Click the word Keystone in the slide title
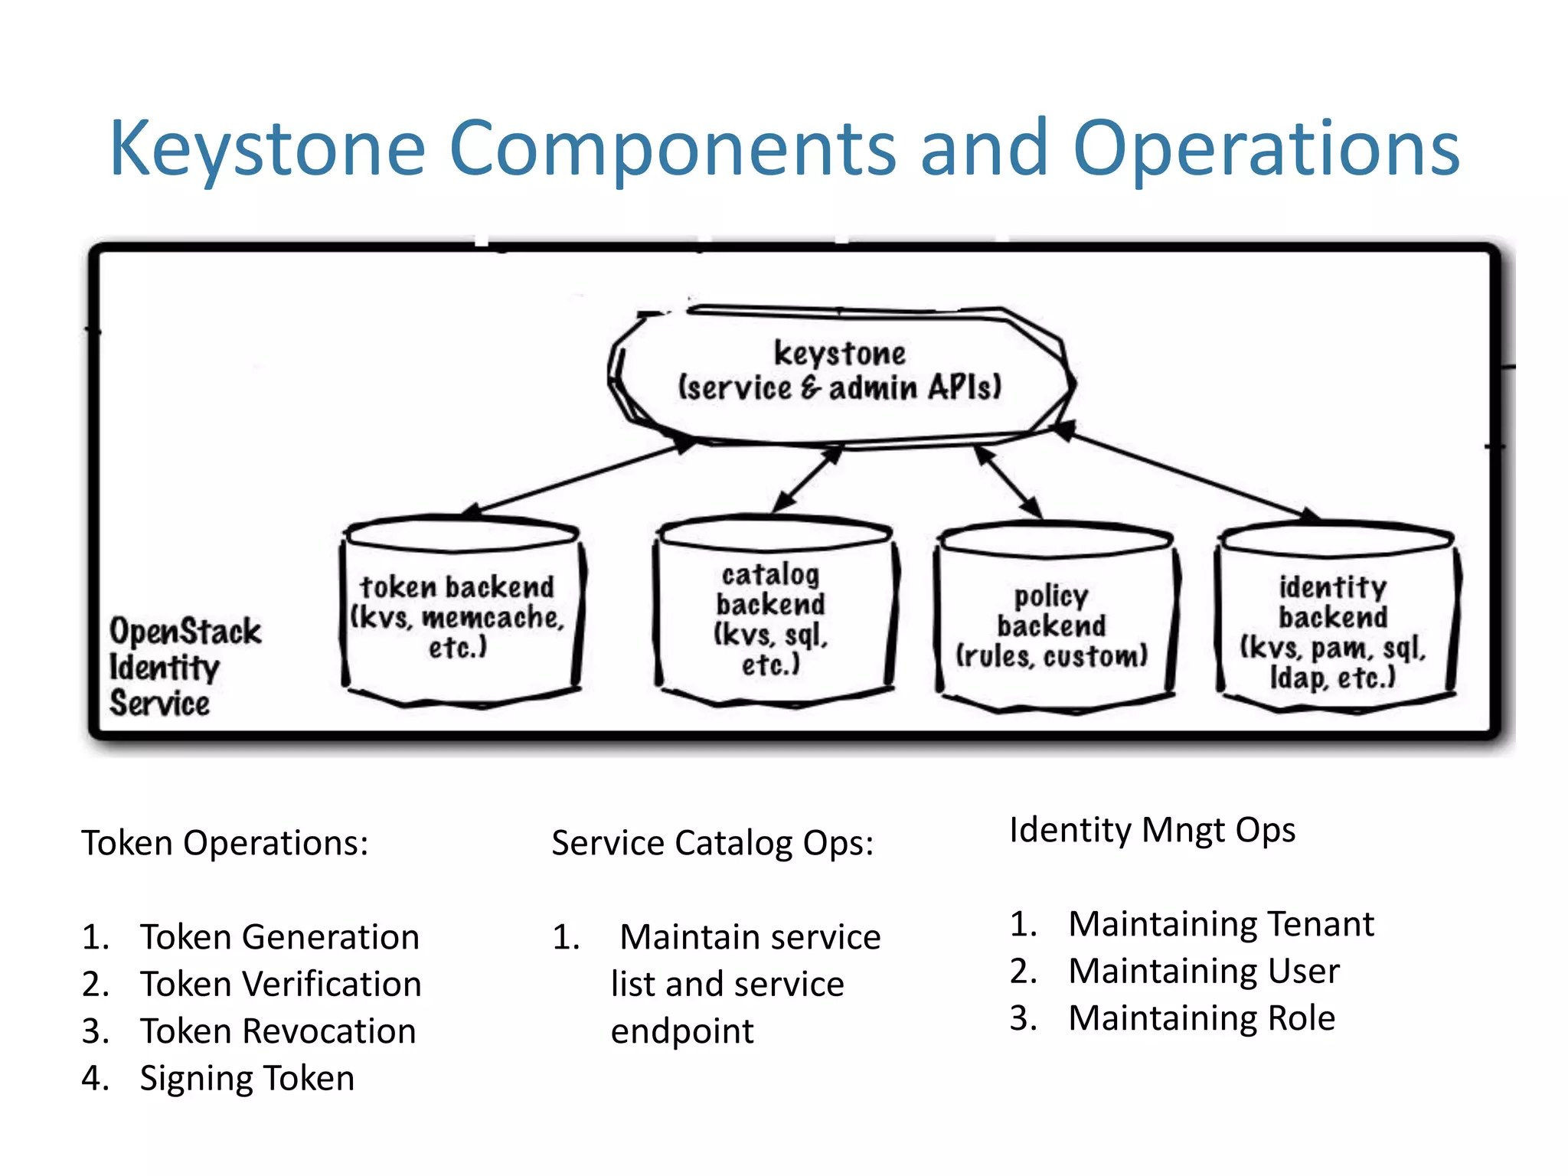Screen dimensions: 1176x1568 coord(267,149)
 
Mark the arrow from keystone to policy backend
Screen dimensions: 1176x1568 coord(1009,483)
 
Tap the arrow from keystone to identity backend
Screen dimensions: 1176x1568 coord(1187,475)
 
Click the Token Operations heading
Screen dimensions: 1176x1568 coord(225,843)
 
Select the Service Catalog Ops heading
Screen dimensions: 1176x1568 coord(712,843)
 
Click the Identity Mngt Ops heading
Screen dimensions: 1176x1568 coord(1151,830)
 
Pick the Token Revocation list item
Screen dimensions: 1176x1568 coord(277,1031)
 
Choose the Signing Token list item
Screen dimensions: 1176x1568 coord(247,1078)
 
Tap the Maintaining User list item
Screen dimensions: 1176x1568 coord(1203,971)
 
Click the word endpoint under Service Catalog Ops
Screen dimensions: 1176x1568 coord(681,1031)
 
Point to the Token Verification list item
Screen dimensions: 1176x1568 coord(280,984)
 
